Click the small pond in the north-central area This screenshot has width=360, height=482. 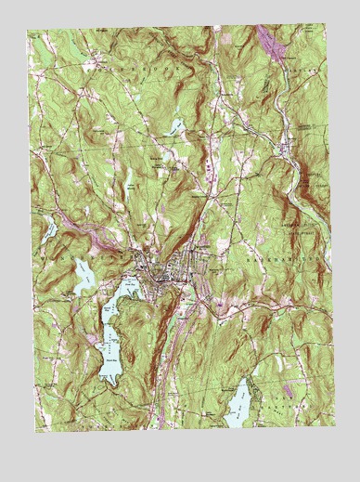pos(176,125)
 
